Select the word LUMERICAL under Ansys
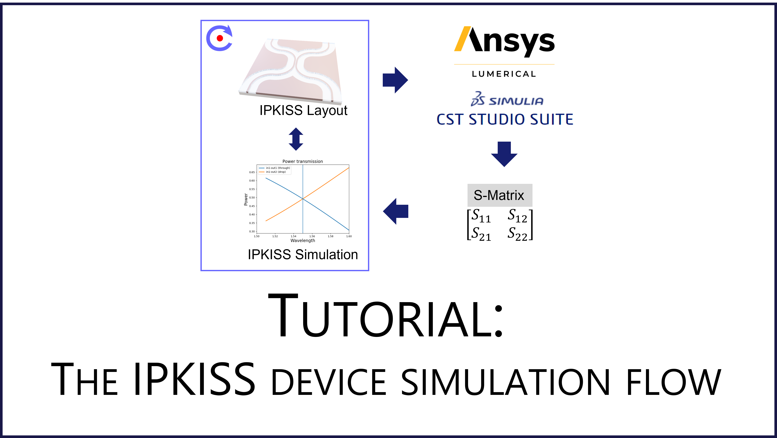pyautogui.click(x=504, y=74)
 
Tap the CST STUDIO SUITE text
pyautogui.click(x=505, y=119)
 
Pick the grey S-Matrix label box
pyautogui.click(x=500, y=195)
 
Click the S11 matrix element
pyautogui.click(x=481, y=216)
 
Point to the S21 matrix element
pyautogui.click(x=481, y=234)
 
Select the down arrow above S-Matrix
pyautogui.click(x=504, y=154)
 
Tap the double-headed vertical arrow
pyautogui.click(x=296, y=139)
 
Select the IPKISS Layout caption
pyautogui.click(x=303, y=110)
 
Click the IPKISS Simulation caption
pyautogui.click(x=303, y=255)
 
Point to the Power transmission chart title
pyautogui.click(x=303, y=161)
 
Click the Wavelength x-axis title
pyautogui.click(x=303, y=240)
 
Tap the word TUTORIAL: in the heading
pyautogui.click(x=386, y=316)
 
